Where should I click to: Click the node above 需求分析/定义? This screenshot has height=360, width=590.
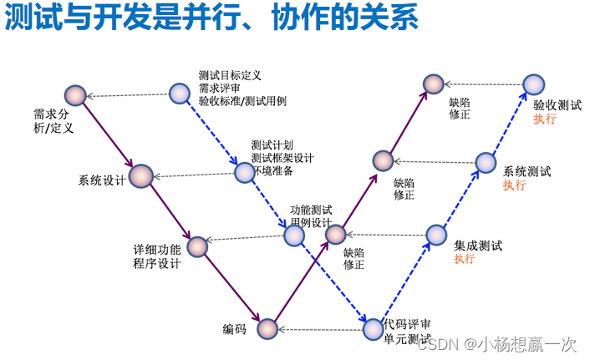[77, 95]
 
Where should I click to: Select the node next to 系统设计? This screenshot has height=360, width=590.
[141, 175]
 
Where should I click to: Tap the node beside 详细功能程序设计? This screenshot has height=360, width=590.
[197, 246]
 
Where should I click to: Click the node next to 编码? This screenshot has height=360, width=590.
[267, 328]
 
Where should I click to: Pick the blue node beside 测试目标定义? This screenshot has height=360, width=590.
[179, 93]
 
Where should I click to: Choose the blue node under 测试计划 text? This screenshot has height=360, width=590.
[243, 172]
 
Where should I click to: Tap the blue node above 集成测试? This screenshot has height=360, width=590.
[436, 235]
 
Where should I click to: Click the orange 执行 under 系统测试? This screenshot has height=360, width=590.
[514, 185]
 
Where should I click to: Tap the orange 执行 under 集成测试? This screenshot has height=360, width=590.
[465, 259]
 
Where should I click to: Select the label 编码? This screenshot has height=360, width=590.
[234, 328]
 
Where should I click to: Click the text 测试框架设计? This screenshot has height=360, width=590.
[282, 158]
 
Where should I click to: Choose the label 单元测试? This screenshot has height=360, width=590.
[407, 338]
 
